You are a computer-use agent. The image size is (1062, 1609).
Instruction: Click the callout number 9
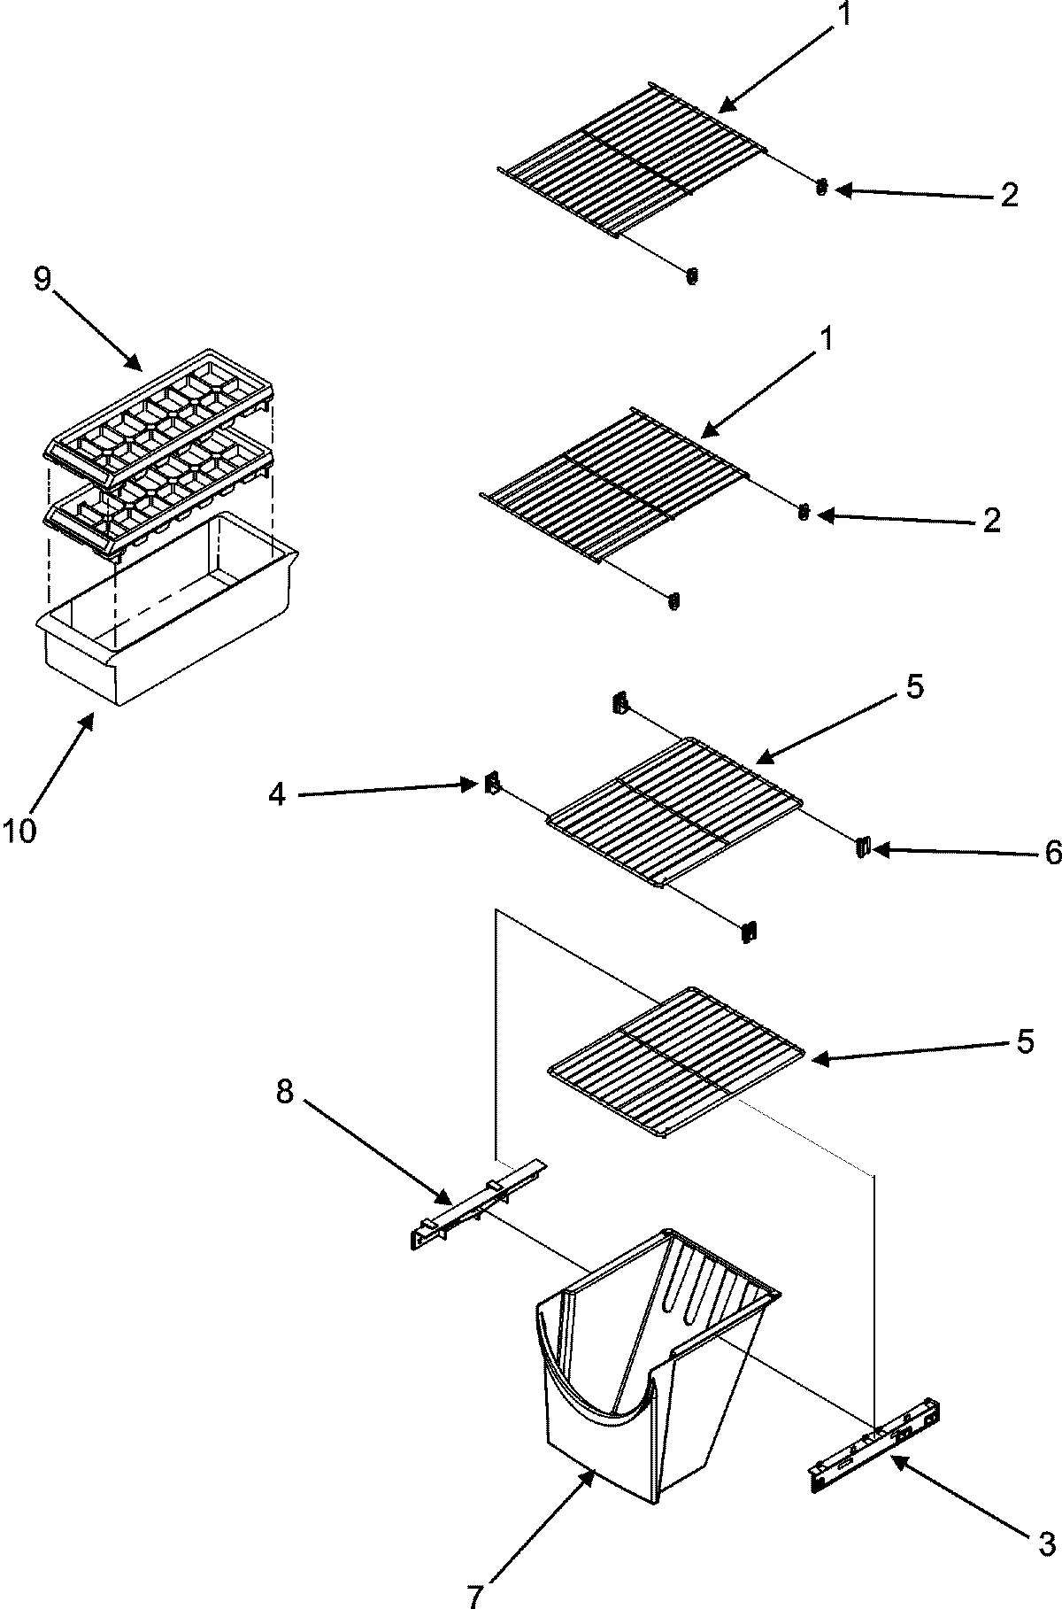click(43, 280)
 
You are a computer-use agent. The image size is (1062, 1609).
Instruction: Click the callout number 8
click(284, 1093)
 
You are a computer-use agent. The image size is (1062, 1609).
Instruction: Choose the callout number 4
click(277, 795)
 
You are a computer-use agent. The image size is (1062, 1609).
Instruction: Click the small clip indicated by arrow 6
click(861, 848)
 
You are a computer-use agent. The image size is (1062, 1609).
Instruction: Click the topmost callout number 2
click(1010, 196)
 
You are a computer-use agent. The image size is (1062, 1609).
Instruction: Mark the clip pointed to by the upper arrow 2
click(821, 187)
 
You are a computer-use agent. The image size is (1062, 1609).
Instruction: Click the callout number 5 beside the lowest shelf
click(1025, 1042)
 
